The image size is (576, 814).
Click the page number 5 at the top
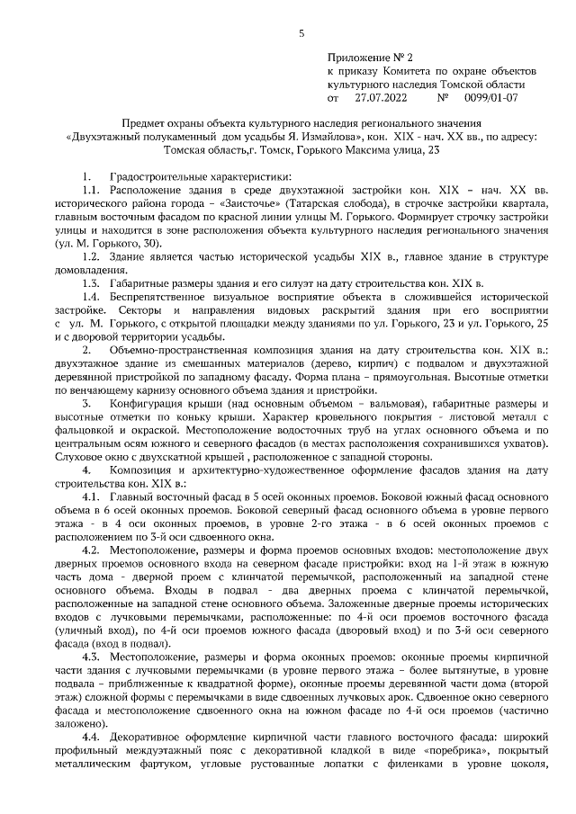301,33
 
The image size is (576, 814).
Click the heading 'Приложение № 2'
369,57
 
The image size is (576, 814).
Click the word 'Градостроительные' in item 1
158,176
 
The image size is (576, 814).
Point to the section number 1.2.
90,256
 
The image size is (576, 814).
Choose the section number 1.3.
90,282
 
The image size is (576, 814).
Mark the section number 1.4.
90,296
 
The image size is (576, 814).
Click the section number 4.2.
90,549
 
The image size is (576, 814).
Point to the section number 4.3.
90,656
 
